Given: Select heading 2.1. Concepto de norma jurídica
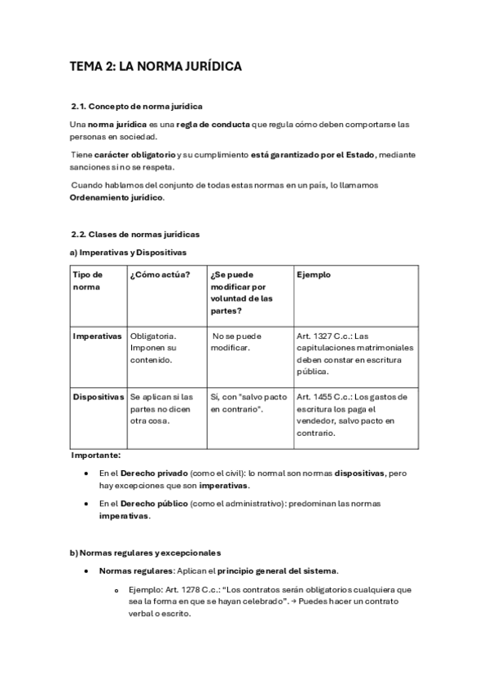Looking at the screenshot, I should coord(138,107).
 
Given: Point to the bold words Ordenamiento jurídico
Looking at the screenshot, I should coord(117,197).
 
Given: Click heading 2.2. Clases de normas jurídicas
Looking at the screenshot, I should coord(135,235).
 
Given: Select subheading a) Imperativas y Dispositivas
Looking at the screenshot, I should coord(129,253).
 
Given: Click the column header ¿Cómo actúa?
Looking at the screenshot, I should coord(160,275).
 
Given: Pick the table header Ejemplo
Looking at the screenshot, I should coord(314,275).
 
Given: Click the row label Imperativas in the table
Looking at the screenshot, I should coord(97,336).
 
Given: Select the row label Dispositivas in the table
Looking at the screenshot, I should coord(98,397).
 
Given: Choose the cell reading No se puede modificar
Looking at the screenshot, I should coord(236,341).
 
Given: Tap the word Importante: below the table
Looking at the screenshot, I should coord(95,455).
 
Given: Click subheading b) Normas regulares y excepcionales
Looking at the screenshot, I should coord(145,552).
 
